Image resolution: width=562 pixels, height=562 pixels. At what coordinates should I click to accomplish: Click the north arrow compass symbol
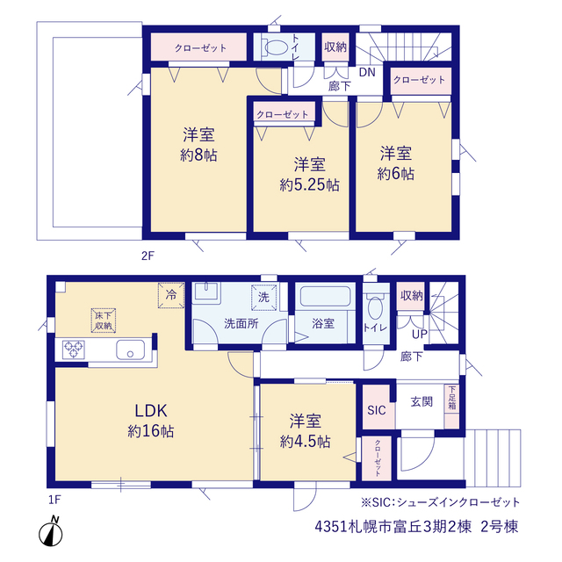(x=51, y=531)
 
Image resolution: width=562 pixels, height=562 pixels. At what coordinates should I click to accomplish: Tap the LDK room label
(x=151, y=411)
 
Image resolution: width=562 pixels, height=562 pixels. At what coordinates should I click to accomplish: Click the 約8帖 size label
(x=198, y=155)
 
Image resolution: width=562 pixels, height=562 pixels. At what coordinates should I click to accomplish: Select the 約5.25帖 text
(x=310, y=185)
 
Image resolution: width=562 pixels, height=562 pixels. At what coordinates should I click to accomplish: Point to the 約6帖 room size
(x=396, y=174)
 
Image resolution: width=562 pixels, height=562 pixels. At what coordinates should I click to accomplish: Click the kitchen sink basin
(x=130, y=349)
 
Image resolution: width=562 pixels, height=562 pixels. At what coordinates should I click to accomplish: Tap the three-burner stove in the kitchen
(x=74, y=349)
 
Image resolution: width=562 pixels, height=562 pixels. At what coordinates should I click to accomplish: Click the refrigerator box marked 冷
(x=171, y=295)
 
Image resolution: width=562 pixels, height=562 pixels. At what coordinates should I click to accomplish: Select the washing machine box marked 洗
(x=263, y=297)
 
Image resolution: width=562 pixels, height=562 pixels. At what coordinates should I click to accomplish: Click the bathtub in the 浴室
(x=325, y=296)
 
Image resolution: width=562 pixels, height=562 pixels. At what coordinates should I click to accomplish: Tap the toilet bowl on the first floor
(x=375, y=308)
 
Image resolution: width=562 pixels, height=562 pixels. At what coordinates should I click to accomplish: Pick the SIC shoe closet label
(x=377, y=410)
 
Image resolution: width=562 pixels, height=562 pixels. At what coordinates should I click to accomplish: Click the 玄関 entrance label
(x=421, y=402)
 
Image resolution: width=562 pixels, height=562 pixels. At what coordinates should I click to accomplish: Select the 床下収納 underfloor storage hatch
(x=104, y=321)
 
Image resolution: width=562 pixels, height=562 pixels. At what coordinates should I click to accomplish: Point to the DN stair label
(x=367, y=72)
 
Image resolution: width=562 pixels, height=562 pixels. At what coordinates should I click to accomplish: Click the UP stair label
(x=420, y=335)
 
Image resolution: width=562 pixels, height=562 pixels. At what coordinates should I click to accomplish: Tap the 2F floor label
(x=148, y=256)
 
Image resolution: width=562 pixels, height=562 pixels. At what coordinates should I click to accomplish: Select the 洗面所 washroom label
(x=241, y=324)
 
